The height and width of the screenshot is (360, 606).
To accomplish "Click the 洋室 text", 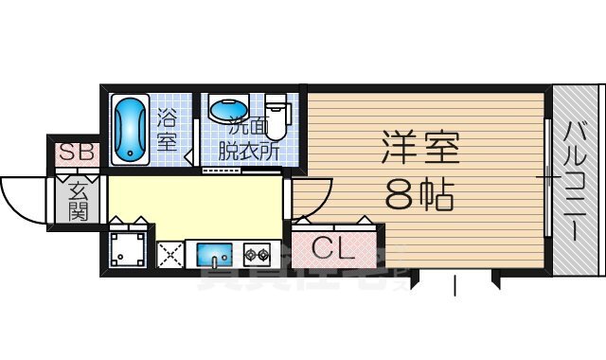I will [x=420, y=149].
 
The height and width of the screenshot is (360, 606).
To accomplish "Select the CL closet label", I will [x=332, y=250].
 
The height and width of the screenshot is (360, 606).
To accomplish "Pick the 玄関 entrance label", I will [x=77, y=201].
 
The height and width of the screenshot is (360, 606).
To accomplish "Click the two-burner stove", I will [x=256, y=253].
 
